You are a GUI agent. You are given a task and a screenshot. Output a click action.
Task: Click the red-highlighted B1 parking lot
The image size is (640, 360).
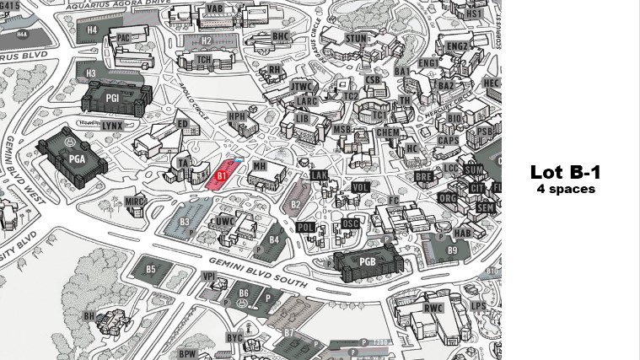[221, 174]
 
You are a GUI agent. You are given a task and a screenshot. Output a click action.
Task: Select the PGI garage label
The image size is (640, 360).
[112, 98]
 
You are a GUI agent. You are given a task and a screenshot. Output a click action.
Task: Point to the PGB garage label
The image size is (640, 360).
[368, 262]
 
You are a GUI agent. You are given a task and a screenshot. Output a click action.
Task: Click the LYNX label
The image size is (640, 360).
[112, 126]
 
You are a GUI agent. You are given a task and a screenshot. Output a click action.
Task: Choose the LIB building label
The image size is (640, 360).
[302, 119]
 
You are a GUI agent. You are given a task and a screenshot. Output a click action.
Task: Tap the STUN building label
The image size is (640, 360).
[357, 39]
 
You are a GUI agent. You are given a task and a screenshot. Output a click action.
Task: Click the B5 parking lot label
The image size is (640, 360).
[151, 270]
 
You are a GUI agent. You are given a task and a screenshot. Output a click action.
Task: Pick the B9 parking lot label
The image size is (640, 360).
[452, 250]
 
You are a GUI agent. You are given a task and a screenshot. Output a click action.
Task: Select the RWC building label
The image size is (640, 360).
[433, 309]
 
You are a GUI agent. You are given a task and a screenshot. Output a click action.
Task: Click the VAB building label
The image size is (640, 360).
[215, 8]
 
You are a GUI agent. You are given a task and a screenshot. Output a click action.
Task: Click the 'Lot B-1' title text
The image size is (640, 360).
[565, 172]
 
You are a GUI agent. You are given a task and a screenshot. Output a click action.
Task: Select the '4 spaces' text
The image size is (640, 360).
[565, 189]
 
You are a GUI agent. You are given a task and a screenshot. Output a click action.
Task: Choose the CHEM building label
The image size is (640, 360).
[388, 132]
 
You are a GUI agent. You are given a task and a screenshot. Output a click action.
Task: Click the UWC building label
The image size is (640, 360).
[224, 221]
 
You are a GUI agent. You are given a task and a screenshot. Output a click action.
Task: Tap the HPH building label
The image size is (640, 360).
[237, 116]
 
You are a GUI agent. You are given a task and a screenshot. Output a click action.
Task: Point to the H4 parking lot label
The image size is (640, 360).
[92, 30]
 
